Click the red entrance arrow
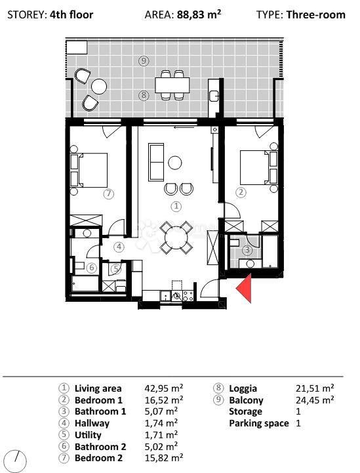(244, 289)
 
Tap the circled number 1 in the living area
(176, 205)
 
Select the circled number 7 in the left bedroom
(109, 194)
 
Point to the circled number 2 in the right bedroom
(241, 192)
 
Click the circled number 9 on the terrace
(144, 60)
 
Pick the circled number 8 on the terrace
(144, 95)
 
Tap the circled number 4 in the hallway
(119, 247)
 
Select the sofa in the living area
(157, 163)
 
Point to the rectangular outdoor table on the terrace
(172, 85)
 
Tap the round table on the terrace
(99, 87)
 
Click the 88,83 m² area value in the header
(199, 14)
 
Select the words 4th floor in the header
(71, 14)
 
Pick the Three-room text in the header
(315, 14)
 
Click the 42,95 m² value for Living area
(163, 388)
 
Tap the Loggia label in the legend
(243, 388)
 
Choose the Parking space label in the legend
(258, 424)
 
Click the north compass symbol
(16, 460)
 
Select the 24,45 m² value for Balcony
(315, 400)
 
